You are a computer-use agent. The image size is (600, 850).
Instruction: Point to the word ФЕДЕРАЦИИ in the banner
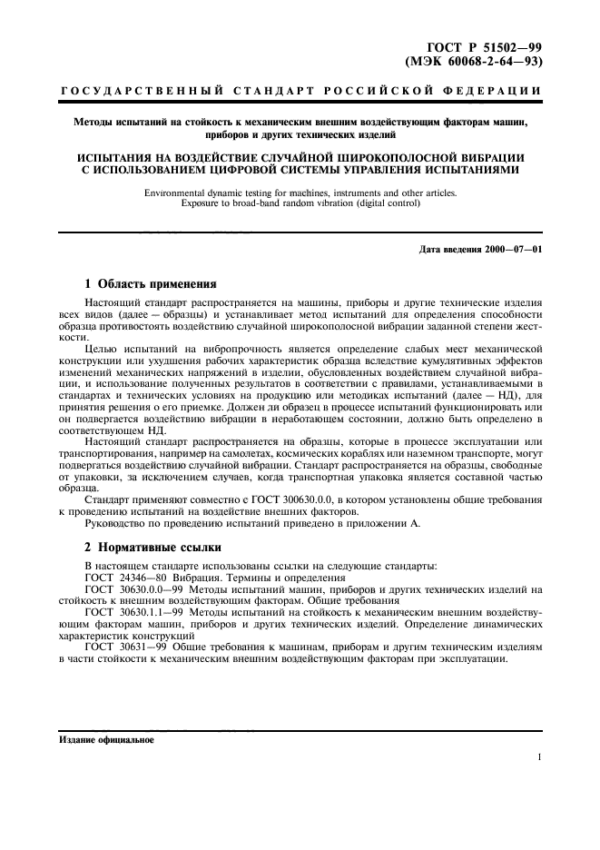click(496, 92)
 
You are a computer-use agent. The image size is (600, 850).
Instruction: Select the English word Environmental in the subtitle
click(183, 192)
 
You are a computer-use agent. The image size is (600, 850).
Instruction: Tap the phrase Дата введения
click(449, 248)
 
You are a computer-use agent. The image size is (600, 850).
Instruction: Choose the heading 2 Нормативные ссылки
click(151, 548)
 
